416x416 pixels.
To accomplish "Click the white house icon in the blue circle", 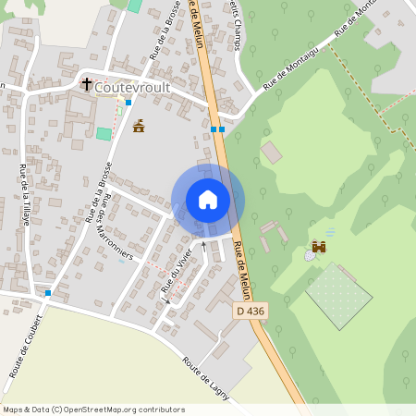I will click(x=208, y=200).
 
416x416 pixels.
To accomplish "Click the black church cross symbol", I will click(x=87, y=84).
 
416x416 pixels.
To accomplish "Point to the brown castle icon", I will click(x=319, y=247).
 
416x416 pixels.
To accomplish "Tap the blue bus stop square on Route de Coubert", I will click(x=47, y=293).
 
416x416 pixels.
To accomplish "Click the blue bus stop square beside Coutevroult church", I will click(x=128, y=102).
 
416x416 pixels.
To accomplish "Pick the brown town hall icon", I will click(x=139, y=126).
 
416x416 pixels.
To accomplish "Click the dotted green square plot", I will click(x=338, y=295).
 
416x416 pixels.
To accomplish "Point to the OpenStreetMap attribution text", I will click(x=93, y=409).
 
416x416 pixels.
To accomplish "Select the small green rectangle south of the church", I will click(x=104, y=134).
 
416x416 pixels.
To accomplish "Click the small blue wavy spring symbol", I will click(x=331, y=232).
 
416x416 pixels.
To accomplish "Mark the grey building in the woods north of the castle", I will click(x=271, y=152).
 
